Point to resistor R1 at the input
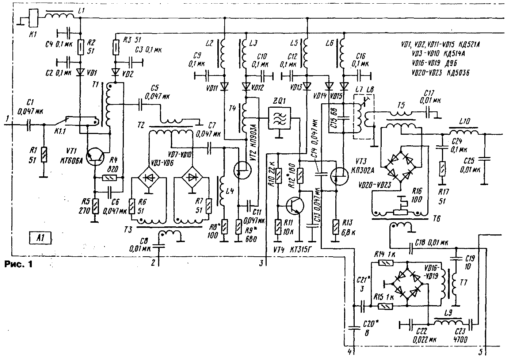click(44, 154)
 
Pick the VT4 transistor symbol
click(294, 206)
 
